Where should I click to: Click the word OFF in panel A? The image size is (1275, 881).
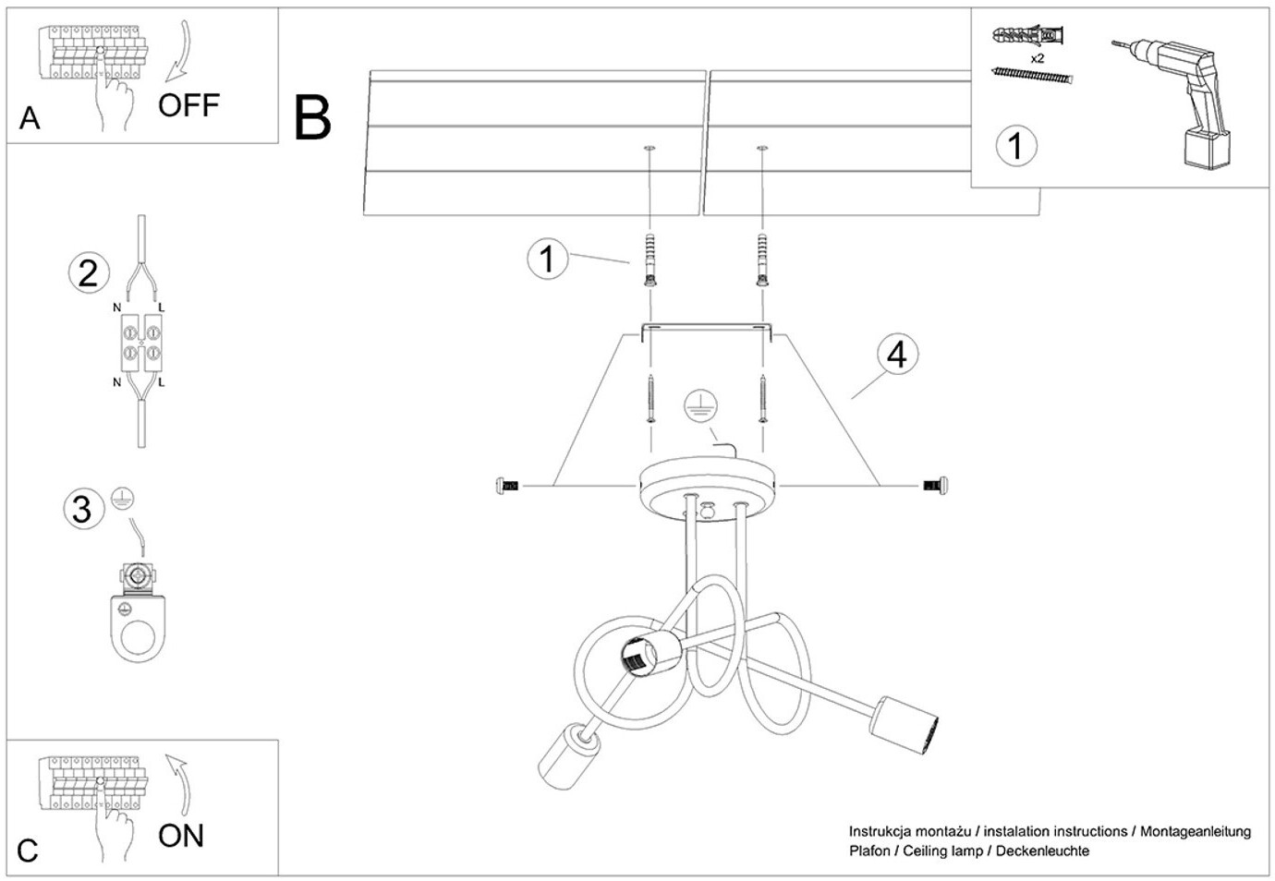tap(188, 105)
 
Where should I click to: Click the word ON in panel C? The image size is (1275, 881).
tap(181, 836)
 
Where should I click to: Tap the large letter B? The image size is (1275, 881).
tap(312, 118)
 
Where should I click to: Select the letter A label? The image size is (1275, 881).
tap(30, 118)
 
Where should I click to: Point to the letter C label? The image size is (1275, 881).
tap(28, 851)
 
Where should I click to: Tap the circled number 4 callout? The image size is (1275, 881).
tap(897, 355)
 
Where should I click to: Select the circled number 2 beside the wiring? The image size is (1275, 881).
tap(89, 272)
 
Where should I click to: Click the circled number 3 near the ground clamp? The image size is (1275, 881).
tap(82, 509)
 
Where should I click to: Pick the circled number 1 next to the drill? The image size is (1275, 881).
tap(1016, 146)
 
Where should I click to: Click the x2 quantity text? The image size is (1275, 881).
tap(1037, 58)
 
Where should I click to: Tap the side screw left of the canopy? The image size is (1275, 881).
tap(507, 485)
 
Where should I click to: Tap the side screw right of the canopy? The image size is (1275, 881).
tap(937, 485)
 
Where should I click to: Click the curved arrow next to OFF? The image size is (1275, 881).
tap(179, 52)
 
